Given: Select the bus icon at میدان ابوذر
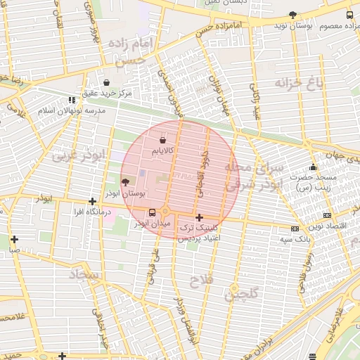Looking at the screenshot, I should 152,212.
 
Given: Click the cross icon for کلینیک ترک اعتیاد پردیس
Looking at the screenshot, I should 200,218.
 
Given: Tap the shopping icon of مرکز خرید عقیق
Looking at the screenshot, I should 105,82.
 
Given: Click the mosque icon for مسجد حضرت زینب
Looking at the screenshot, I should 313,167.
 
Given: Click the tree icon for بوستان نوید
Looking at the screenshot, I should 292,15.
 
